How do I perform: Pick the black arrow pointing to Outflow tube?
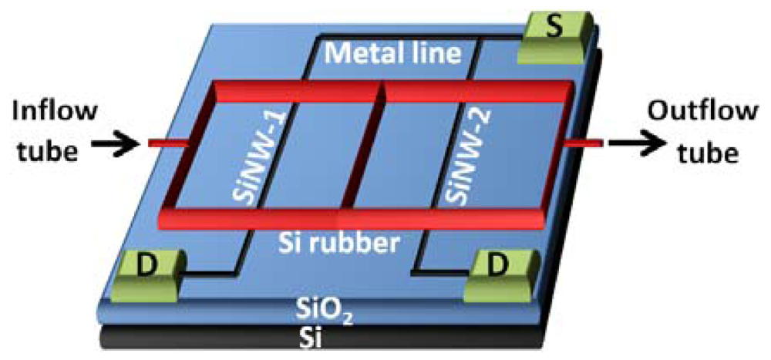coord(631,143)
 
